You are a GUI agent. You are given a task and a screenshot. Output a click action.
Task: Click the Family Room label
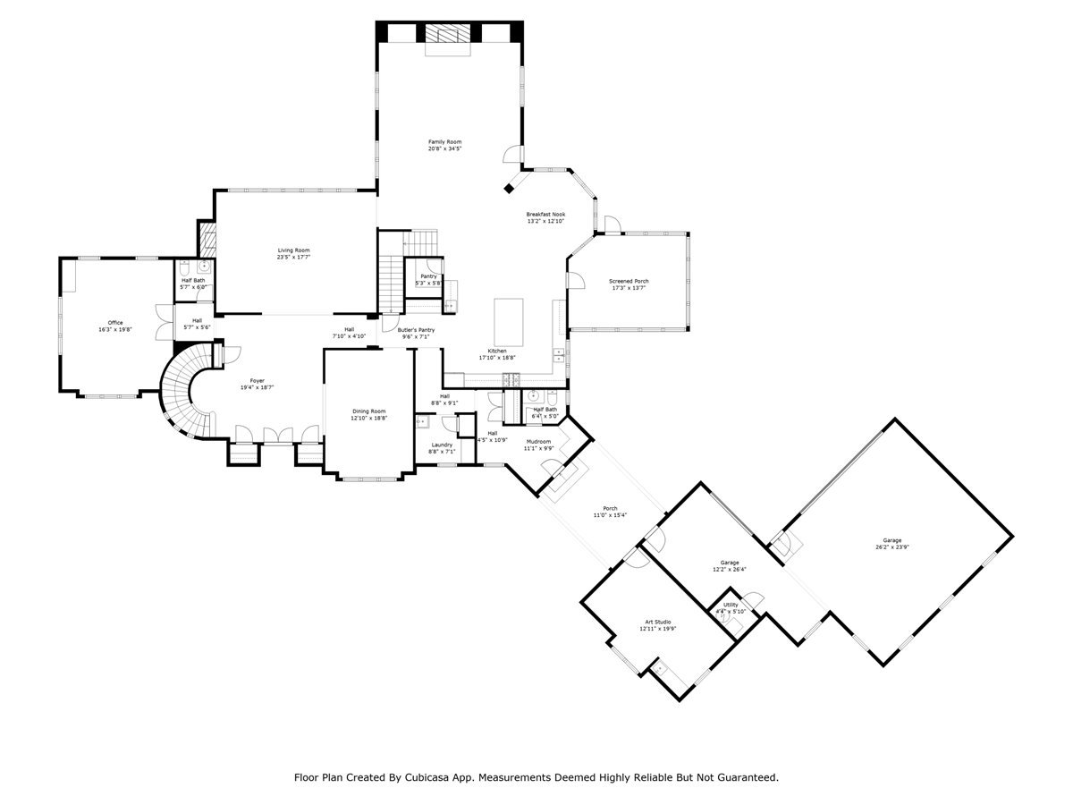point(444,142)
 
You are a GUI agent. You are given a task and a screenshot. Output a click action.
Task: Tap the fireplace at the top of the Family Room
point(444,34)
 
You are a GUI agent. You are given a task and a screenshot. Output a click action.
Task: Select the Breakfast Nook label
point(545,215)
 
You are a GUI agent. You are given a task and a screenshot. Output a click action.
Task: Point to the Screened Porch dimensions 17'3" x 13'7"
point(629,289)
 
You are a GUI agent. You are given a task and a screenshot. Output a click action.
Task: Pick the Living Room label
point(293,250)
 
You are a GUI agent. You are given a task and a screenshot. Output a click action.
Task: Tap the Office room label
point(115,323)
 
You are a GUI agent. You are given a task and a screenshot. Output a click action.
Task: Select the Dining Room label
point(368,411)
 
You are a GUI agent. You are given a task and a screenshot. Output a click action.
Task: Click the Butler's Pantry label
point(416,330)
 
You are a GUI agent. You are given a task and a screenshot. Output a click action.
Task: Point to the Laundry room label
point(442,445)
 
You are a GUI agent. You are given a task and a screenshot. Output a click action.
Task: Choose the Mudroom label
point(538,442)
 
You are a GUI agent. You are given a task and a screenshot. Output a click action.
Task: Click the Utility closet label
point(731,606)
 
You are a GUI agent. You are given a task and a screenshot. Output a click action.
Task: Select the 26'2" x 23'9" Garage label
point(892,540)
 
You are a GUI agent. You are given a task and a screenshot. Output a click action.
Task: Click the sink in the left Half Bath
point(204,267)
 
